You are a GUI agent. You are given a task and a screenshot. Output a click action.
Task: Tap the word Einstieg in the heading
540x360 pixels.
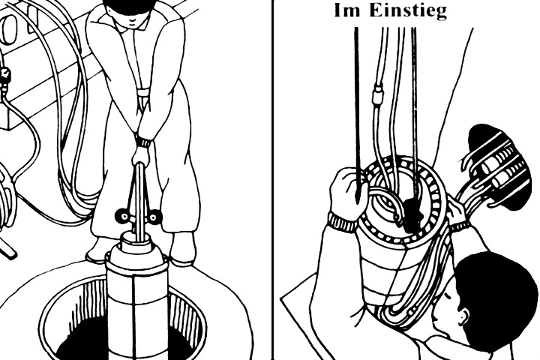coord(408,11)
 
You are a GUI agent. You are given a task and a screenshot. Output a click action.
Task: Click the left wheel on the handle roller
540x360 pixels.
coord(122,216)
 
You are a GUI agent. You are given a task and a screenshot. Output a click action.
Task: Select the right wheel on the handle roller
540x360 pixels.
coord(155,216)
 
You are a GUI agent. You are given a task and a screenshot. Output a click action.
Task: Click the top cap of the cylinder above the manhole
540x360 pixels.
coord(136,238)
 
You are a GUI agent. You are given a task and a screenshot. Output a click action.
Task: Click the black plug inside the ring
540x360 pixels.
coord(412,215)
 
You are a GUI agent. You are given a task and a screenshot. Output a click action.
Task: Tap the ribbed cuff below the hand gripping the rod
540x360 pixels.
coord(343,222)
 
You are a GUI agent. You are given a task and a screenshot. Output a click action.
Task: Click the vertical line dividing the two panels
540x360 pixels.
coord(273,180)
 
